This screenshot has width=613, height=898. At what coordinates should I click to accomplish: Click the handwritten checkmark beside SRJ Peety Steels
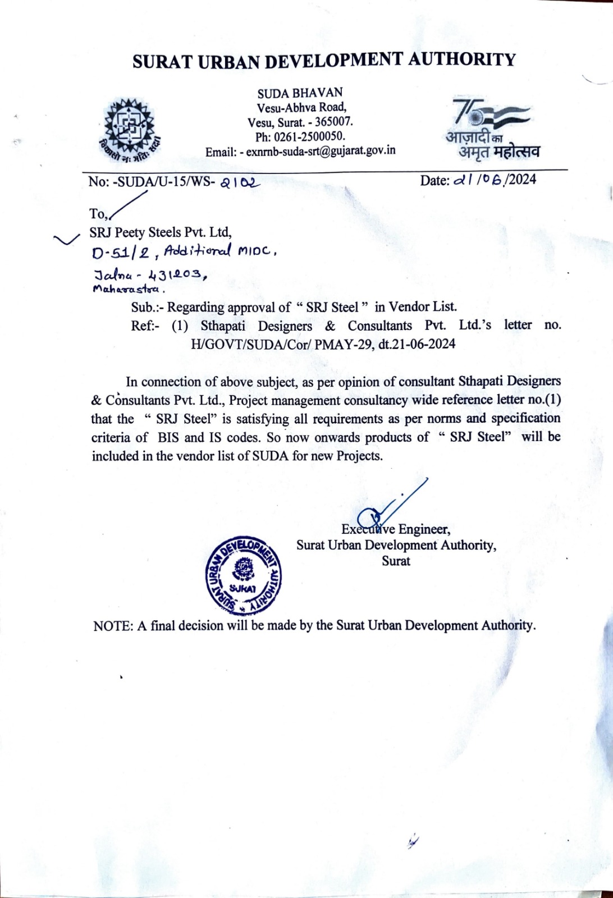[x=66, y=240]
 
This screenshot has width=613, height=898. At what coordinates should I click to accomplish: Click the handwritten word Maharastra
[x=129, y=290]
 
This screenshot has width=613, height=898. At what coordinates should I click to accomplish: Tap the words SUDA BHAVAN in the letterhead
[x=300, y=93]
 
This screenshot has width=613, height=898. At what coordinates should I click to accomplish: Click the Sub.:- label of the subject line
[x=147, y=307]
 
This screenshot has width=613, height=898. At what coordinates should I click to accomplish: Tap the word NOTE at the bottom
[x=112, y=626]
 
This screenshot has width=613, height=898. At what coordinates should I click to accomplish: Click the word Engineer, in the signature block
[x=424, y=529]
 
